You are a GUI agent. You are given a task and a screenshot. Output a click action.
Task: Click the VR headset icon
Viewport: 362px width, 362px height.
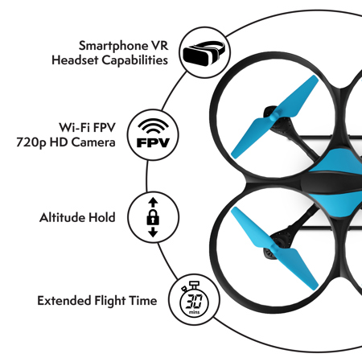tap(204, 53)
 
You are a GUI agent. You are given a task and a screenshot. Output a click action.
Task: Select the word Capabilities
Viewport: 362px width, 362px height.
tap(135, 60)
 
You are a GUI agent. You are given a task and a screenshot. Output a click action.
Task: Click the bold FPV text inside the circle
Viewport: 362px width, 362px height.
tap(153, 142)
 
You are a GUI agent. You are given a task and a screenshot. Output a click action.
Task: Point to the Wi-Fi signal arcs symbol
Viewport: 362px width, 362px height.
tap(153, 126)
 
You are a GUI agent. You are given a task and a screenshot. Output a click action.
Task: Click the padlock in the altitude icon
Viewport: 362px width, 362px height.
tap(153, 217)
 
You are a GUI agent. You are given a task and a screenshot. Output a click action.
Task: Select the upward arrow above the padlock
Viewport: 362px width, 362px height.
tap(153, 202)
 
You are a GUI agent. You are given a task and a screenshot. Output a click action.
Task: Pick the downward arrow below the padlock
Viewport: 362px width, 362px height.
tap(153, 232)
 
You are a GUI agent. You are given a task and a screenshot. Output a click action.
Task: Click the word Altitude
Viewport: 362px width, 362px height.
tap(63, 217)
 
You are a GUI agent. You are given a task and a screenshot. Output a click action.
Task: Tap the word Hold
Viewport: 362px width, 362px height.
tap(102, 217)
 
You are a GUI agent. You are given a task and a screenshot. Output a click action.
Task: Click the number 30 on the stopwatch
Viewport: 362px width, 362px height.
tap(194, 302)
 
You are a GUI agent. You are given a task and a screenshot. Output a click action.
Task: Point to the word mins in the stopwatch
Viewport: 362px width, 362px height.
tap(194, 312)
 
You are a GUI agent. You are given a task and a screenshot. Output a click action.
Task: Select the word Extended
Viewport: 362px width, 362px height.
tap(64, 301)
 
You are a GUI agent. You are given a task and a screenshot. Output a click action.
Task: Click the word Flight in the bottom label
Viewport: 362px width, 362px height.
tap(110, 301)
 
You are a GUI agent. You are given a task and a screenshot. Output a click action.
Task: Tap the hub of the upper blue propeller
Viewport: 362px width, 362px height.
tap(274, 117)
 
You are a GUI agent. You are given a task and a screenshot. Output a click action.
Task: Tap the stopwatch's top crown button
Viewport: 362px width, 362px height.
tap(194, 285)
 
